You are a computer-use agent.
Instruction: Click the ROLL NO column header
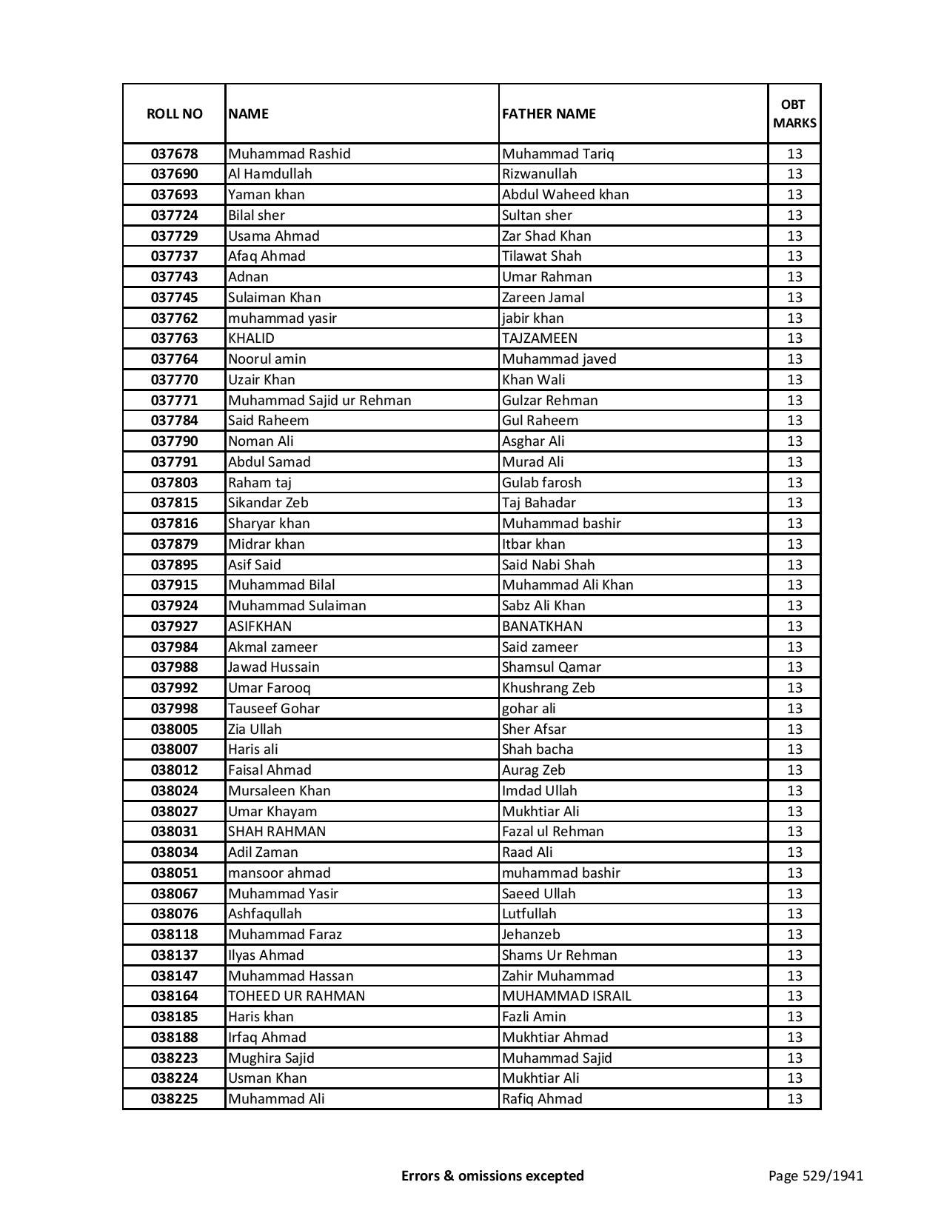pos(174,113)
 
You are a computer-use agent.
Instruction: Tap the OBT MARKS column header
pos(794,113)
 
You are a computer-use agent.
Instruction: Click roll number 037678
pos(174,154)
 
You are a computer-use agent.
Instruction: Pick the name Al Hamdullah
pos(270,174)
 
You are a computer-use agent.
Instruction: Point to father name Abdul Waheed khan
pos(565,195)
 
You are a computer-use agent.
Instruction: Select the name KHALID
pos(251,338)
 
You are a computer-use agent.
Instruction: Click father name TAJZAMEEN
pos(540,338)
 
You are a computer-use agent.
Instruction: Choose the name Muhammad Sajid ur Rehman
pos(319,401)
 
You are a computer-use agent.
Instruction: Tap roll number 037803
pos(174,483)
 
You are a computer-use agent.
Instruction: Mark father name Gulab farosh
pos(541,483)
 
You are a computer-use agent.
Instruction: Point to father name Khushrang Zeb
pos(548,688)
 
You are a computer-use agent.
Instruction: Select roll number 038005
pos(174,729)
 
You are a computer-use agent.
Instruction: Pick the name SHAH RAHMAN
pos(277,832)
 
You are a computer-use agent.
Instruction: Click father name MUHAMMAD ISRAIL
pos(566,996)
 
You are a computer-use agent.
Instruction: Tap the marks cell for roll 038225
pos(794,1099)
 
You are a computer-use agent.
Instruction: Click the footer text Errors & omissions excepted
pos(492,1175)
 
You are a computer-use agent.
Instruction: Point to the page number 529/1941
pos(815,1175)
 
